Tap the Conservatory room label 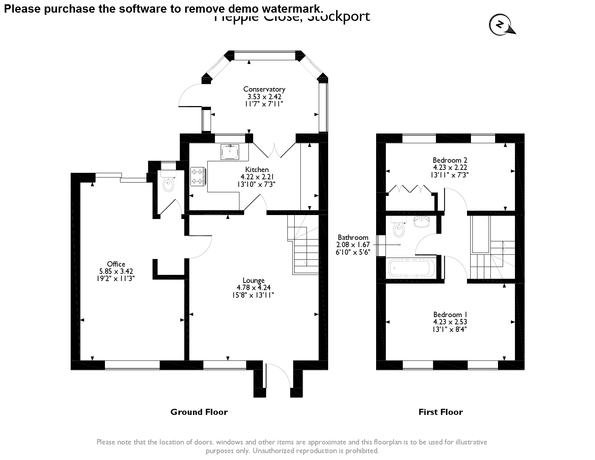pyautogui.click(x=264, y=89)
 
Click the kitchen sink pyautogui.click(x=230, y=152)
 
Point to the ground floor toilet pyautogui.click(x=168, y=184)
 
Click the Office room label pyautogui.click(x=116, y=264)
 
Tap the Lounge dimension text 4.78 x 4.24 pyautogui.click(x=254, y=288)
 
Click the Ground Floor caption pyautogui.click(x=199, y=412)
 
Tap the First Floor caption pyautogui.click(x=440, y=412)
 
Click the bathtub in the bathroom pyautogui.click(x=410, y=268)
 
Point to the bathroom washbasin pyautogui.click(x=421, y=222)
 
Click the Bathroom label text pyautogui.click(x=353, y=237)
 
